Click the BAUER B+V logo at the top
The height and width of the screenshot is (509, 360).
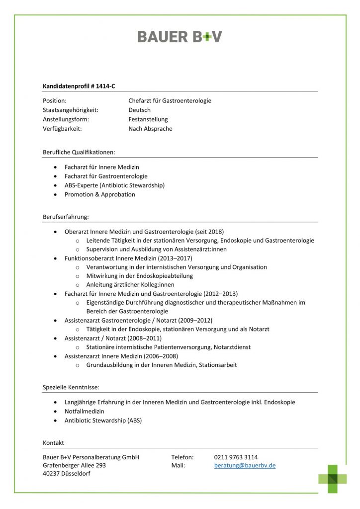180,37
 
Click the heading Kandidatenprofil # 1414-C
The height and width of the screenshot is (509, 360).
79,86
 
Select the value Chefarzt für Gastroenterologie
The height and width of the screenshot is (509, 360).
170,101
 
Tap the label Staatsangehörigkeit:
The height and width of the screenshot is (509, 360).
71,110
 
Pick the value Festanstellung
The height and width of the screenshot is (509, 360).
148,120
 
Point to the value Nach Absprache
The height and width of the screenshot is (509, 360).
150,129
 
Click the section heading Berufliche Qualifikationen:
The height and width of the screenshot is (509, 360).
79,152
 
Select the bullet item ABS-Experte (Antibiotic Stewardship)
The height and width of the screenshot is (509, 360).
114,185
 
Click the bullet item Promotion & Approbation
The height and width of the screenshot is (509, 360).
99,195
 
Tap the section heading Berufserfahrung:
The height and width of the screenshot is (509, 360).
66,217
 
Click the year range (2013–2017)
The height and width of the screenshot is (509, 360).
174,258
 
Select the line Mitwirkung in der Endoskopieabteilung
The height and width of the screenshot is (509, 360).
139,276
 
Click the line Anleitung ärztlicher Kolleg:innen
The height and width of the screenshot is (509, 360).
130,285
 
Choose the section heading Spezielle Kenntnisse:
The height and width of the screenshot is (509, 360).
71,387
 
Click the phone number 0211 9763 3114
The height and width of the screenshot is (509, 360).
236,457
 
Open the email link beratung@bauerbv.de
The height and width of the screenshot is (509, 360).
245,466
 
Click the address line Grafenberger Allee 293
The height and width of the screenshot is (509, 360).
75,466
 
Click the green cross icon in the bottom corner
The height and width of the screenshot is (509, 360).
333,479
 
